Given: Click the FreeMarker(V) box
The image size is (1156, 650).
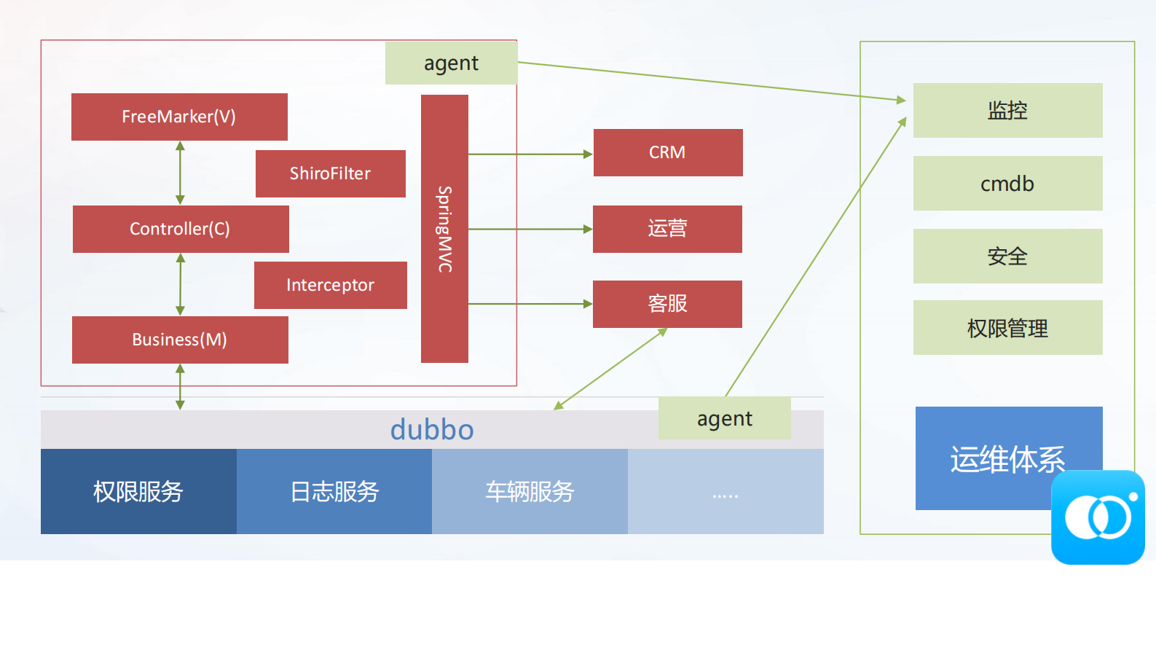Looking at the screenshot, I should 179,117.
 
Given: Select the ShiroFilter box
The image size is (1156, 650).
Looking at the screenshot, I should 330,173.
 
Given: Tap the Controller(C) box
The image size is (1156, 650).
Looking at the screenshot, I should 181,229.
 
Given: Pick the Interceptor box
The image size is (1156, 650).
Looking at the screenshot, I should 330,285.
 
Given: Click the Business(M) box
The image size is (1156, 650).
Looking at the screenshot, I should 180,340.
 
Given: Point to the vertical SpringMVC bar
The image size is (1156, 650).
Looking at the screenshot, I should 444,229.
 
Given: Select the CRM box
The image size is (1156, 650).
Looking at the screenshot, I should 668,152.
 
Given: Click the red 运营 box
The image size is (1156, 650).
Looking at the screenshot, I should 667,229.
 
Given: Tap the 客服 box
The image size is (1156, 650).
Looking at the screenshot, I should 667,304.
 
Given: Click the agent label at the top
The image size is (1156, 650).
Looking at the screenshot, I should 451,63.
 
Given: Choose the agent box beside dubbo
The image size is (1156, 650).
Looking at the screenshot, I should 724,418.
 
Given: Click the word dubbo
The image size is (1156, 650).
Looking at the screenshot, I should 432,430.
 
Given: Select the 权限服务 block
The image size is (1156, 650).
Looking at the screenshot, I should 138,492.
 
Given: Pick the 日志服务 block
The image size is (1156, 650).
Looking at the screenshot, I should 334,492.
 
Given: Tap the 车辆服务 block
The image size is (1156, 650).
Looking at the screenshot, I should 530,492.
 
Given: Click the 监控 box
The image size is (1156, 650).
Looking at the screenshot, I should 1007,110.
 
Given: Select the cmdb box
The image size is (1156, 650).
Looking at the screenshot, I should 1007,184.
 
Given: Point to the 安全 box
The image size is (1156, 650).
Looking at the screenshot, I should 1007,256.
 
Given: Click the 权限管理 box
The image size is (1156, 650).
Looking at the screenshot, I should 1007,328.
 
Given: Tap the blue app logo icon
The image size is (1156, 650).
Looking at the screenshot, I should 1098,517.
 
